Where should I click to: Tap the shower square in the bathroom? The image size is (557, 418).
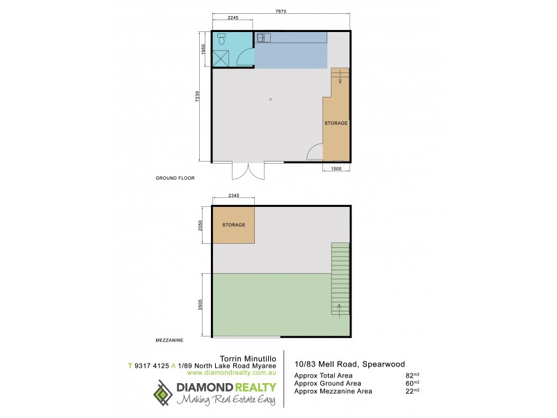coord(222,57)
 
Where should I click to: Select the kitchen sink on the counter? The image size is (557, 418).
coord(262,38)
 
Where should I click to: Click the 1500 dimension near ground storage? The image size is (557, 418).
coord(335,169)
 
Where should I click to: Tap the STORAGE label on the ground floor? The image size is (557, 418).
coord(336,123)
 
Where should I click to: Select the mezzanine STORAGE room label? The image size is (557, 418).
coord(233,225)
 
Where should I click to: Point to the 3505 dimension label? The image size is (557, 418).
coord(201,304)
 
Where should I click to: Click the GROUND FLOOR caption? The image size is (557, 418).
coord(174,178)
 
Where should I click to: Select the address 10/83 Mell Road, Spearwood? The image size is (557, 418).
coord(349,364)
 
